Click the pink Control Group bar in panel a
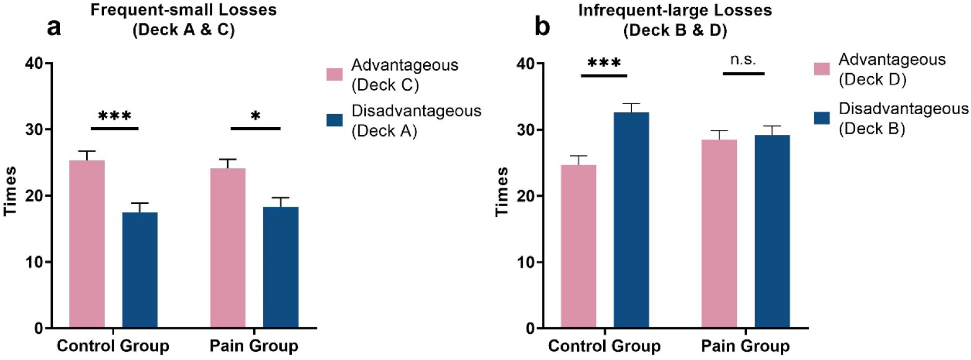tap(87, 244)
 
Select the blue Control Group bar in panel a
tap(140, 270)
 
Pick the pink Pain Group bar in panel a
tap(228, 248)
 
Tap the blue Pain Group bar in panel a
tap(281, 267)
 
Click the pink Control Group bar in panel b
tap(579, 246)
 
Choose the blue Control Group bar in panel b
tap(632, 220)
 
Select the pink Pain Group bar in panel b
tap(719, 233)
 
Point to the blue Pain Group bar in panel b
tap(773, 231)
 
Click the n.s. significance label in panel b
tap(743, 60)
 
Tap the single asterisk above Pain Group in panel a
tap(256, 116)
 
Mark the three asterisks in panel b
tap(604, 63)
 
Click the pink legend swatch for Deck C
tap(335, 74)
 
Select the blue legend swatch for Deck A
tap(335, 121)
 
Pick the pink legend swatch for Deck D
tap(822, 69)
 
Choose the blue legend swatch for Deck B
tap(822, 118)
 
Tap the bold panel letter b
tap(543, 27)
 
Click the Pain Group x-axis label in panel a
tap(254, 346)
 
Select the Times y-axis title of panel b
tap(502, 191)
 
